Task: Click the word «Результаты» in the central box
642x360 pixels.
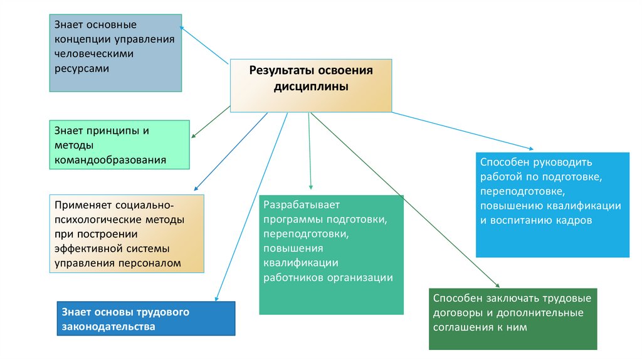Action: pos(278,70)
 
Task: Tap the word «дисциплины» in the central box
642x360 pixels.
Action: pos(311,87)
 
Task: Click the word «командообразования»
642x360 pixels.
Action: pos(110,160)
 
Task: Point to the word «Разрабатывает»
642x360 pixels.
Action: pos(301,204)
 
